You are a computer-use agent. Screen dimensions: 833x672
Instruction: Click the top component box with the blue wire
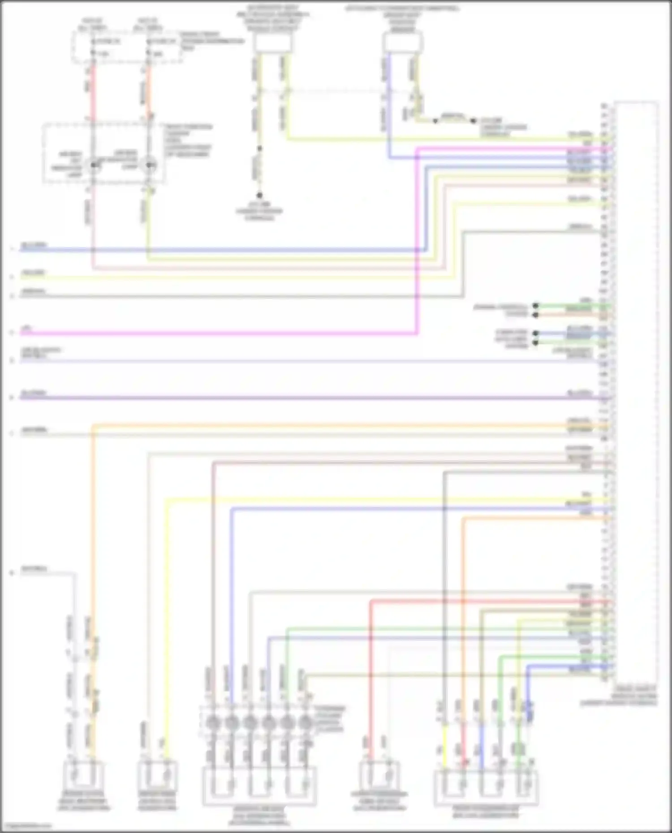402,43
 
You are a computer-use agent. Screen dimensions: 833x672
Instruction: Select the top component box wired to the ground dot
273,43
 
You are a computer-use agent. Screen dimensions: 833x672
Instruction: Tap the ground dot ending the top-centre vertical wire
259,196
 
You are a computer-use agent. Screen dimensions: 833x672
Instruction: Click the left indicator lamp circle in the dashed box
94,165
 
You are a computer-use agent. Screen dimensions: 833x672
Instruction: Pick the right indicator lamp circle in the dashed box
149,165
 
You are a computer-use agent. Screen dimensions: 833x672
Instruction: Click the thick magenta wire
224,333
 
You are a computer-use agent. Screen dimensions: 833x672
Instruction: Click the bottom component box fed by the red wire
379,777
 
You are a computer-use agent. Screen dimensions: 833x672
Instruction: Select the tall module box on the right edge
636,389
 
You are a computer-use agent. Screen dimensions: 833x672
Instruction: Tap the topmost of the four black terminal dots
535,306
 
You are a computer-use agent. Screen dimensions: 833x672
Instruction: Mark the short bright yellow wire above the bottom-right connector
445,741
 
